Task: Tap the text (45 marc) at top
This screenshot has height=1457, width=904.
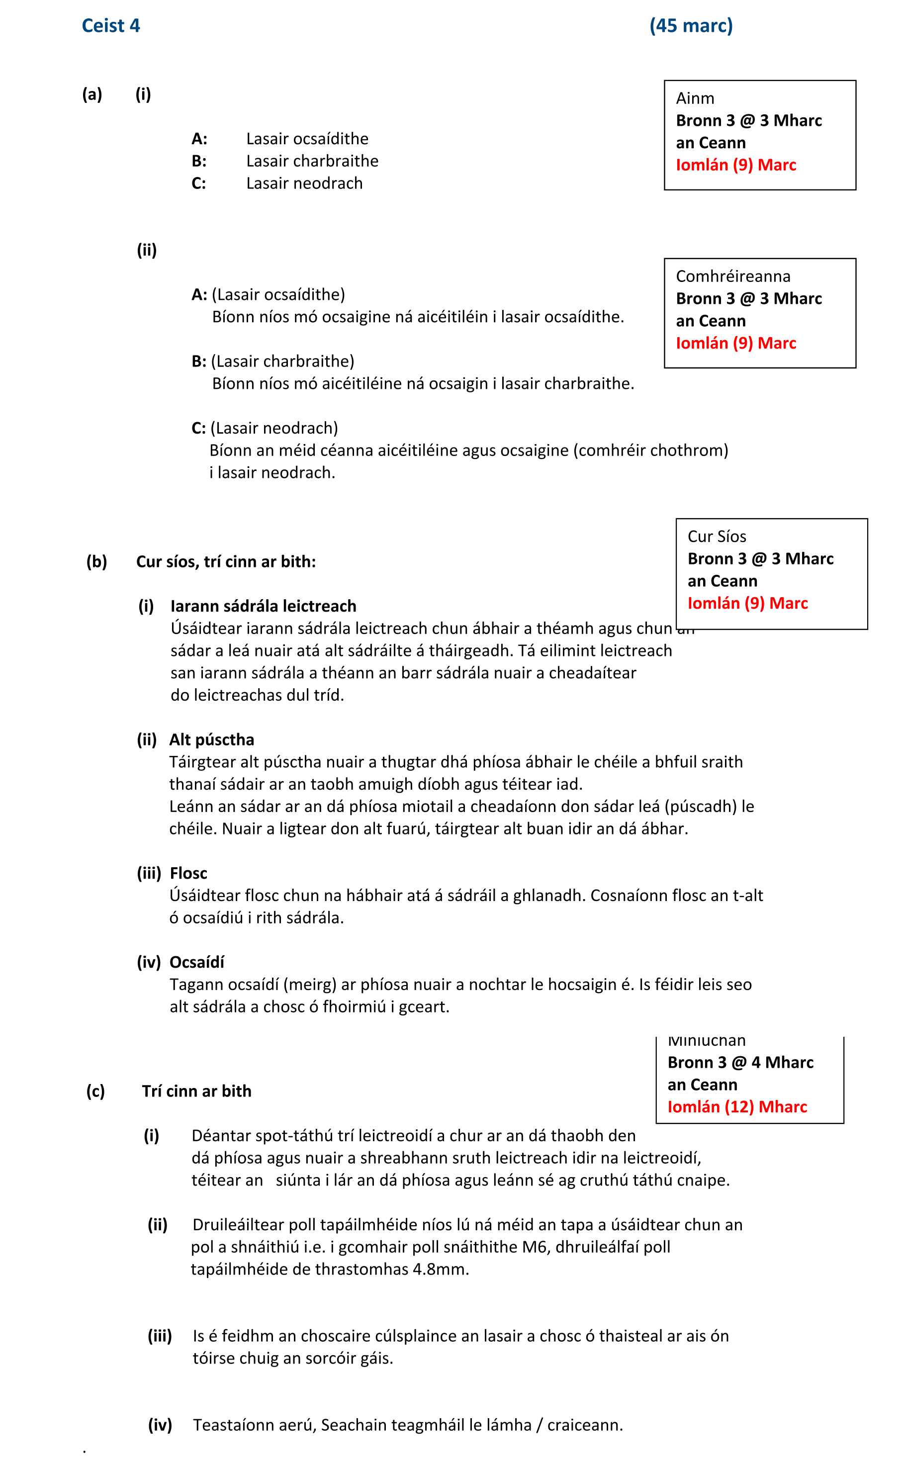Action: coord(691,26)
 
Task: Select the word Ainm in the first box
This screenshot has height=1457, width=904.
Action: coord(695,98)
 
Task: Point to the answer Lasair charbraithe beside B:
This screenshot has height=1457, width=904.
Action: coord(312,161)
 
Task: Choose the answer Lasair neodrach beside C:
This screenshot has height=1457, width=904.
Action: coord(304,183)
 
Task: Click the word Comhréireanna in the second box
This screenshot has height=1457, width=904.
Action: coord(732,276)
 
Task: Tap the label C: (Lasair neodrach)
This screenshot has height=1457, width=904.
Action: coord(264,428)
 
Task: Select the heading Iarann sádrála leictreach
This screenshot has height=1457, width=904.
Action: coord(263,606)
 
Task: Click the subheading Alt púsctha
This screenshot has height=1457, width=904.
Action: coord(212,739)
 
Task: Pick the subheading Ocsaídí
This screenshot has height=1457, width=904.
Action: coord(197,962)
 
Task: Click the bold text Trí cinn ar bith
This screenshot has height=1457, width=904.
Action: coord(197,1091)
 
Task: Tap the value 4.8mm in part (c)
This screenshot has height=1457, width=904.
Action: coord(440,1269)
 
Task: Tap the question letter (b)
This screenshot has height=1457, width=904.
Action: coord(96,561)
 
